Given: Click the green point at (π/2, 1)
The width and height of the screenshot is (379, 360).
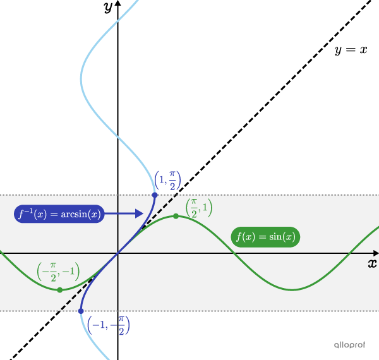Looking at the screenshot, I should tap(176, 217).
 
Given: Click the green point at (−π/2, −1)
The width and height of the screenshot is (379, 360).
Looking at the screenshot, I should tap(59, 290).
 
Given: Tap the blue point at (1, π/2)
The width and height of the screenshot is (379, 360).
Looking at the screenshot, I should tap(155, 195).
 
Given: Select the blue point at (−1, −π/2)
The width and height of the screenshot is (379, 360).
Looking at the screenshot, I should tap(81, 311).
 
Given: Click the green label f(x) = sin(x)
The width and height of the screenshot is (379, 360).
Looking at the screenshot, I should tap(265, 237).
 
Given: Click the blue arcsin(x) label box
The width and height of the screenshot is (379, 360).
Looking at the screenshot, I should tap(59, 214).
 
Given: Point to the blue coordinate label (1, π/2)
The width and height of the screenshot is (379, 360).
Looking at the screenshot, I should tap(167, 181).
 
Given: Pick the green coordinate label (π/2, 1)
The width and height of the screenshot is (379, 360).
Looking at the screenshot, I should tap(198, 208).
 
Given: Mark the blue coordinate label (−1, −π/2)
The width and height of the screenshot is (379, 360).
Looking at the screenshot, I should tap(108, 325).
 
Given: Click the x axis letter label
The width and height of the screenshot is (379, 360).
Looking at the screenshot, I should tap(373, 263).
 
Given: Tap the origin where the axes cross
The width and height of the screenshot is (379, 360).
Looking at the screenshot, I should tap(118, 253).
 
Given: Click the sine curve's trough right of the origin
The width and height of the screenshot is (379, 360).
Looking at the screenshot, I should tap(292, 290).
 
